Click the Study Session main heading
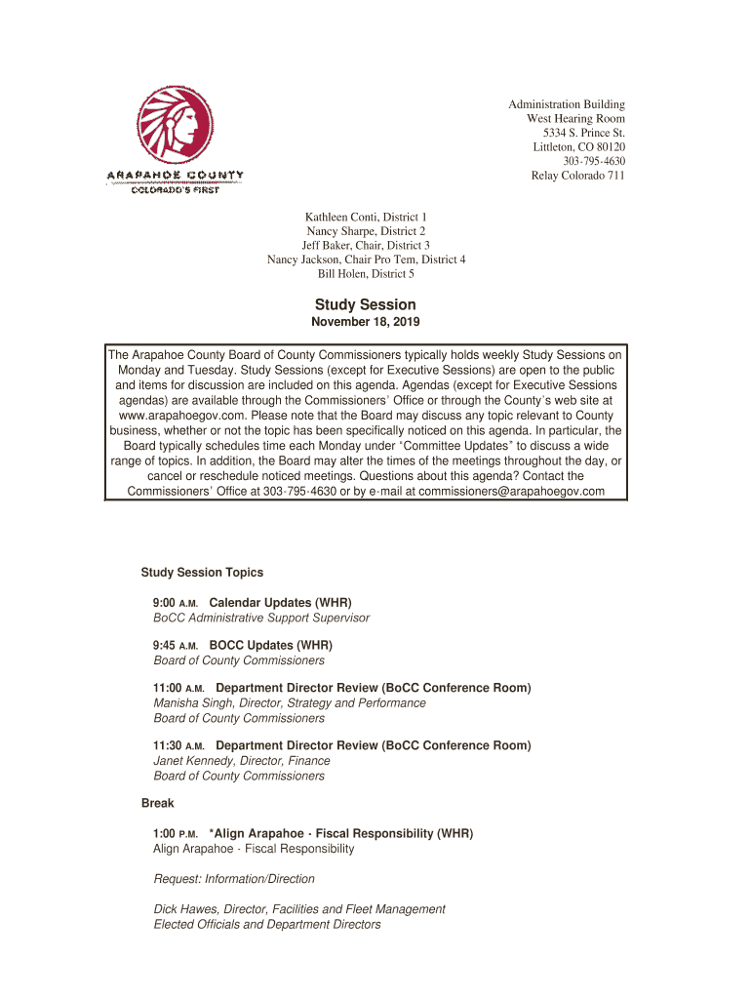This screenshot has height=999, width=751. [366, 304]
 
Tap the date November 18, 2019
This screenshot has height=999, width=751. [366, 322]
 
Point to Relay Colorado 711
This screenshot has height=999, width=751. [577, 176]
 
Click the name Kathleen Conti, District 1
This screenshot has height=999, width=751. [366, 216]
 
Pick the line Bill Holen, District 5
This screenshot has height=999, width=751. [366, 274]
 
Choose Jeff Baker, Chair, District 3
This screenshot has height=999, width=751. [366, 245]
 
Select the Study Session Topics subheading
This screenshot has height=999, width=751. [202, 573]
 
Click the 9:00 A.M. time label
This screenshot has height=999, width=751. [176, 603]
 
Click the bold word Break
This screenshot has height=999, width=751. [157, 804]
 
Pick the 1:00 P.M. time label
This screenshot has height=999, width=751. [176, 834]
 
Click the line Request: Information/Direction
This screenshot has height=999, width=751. [234, 879]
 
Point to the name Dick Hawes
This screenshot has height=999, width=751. [185, 909]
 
